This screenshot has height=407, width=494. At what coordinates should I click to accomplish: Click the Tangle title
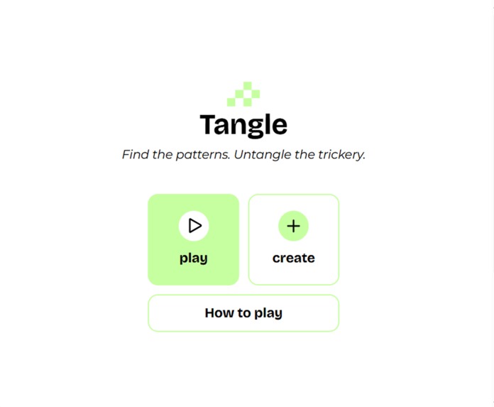coord(243,125)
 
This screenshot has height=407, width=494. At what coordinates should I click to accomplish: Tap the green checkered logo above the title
coord(243,94)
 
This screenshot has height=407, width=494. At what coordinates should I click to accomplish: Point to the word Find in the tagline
coord(135,154)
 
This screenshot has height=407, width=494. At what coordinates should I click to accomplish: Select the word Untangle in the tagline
coord(262,154)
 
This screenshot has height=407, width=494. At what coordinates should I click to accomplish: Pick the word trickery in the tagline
coord(341,154)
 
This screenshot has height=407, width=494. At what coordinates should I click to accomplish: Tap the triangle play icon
coord(194,226)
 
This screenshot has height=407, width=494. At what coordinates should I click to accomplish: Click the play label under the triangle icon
coord(194,258)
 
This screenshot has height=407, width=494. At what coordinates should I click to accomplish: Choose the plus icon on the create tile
coord(293,226)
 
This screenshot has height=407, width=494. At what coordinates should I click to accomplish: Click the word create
coord(293,258)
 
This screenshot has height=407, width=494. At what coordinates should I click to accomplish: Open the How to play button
coord(243,313)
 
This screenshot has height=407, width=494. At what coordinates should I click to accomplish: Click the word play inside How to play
coord(268,313)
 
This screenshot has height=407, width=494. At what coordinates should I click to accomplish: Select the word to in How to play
coord(243,313)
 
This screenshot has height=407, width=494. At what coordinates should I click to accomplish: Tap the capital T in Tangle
coord(209,124)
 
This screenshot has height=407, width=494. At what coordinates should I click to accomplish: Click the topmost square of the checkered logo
coord(248,85)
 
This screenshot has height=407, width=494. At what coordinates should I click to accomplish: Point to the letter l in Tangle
coord(268,124)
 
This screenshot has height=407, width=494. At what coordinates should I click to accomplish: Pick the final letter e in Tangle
coord(280,126)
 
